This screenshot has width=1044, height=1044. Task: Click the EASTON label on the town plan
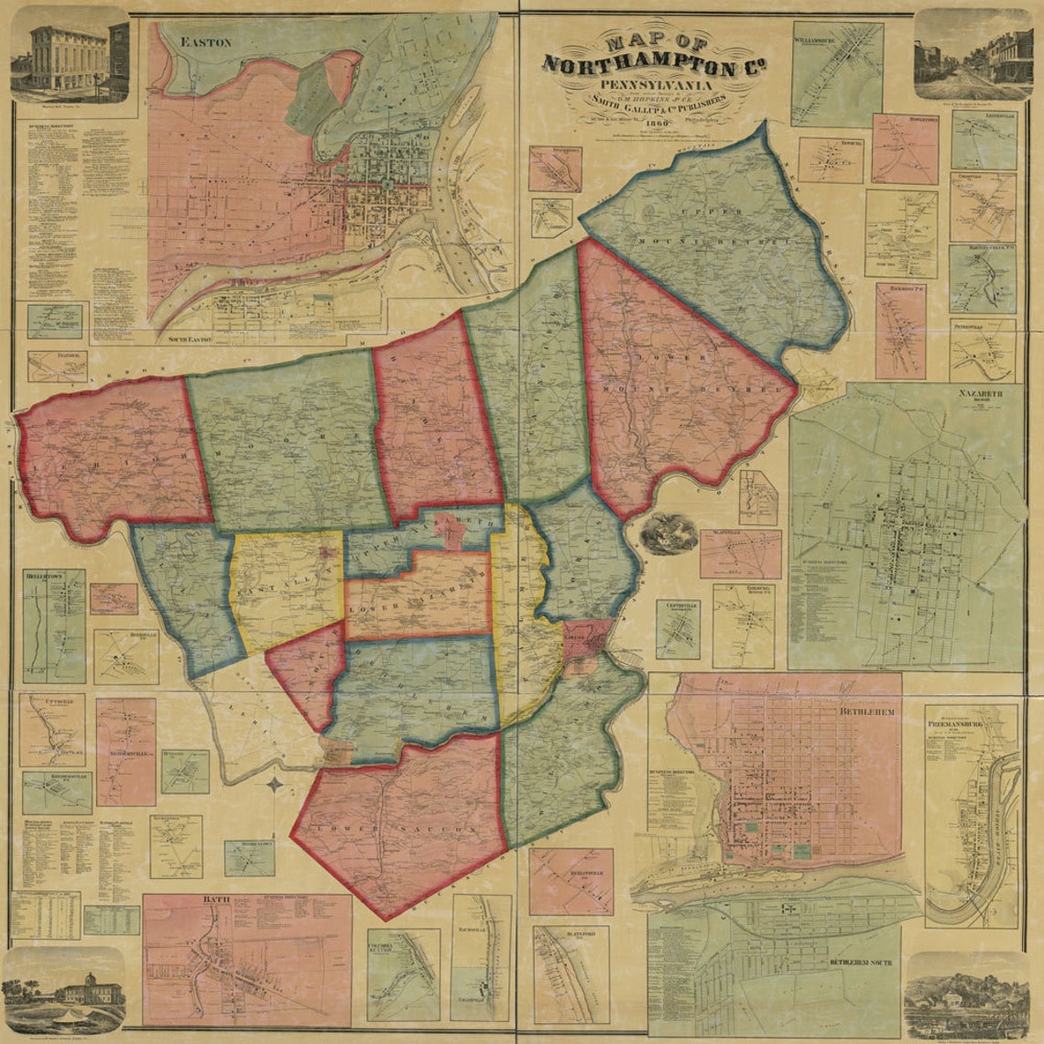click(207, 42)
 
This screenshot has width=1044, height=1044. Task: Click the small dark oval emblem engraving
click(668, 534)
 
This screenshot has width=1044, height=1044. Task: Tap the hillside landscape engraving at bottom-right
click(966, 998)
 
